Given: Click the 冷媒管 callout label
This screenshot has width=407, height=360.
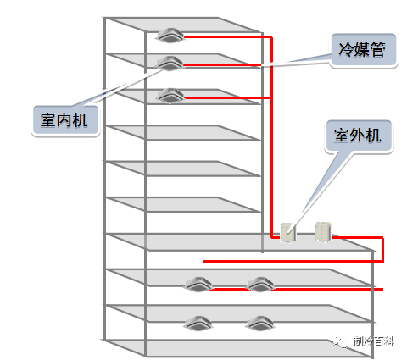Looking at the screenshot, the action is coord(364,51).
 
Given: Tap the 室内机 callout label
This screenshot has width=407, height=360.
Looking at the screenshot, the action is coord(65,120).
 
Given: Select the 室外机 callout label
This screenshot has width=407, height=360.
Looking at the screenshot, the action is coord(359,136).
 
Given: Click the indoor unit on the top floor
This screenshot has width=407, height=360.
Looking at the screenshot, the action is coord(170,36).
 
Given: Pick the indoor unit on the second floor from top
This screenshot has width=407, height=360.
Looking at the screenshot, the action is coord(170,64).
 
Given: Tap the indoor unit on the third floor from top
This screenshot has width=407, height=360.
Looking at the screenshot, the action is coord(170,96).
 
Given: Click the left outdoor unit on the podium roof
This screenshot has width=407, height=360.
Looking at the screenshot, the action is coord(288,232).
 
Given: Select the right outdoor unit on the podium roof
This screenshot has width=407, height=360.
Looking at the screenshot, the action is coord(323,232).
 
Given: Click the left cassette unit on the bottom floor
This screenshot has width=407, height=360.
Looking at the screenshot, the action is coord(198,324).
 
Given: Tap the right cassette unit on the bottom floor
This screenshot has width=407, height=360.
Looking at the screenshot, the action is coord(259,324).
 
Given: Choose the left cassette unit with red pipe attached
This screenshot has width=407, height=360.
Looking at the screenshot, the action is coord(198,285).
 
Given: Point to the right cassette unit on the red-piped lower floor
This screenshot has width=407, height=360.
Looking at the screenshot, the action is coord(260,285).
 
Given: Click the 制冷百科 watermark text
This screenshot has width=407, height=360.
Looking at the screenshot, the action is coord(374,341).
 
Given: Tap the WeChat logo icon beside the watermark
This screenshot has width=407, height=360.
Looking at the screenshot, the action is coord(340,341).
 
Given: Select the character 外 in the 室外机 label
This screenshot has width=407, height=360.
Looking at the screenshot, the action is coord(358,136).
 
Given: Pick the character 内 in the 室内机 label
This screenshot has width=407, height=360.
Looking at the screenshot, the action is coord(64,120).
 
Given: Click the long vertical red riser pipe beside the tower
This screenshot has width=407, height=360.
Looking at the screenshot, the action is coord(271,137).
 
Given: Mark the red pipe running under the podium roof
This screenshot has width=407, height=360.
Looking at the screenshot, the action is coord(293,261).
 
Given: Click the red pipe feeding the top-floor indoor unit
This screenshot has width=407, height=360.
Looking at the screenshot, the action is coord(226,36).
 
